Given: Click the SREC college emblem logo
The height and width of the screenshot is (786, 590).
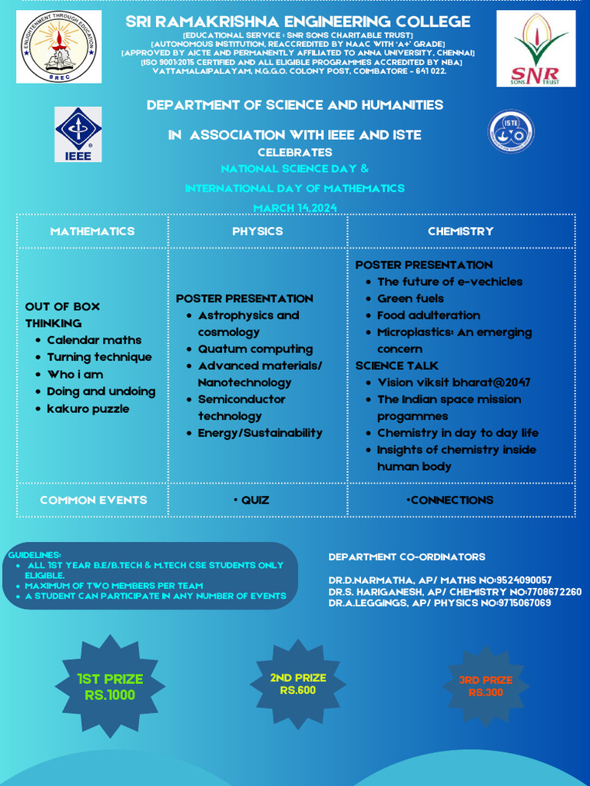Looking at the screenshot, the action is (x=59, y=47).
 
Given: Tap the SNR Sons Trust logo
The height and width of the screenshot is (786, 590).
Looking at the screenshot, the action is (x=535, y=48).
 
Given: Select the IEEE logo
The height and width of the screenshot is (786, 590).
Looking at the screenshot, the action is (x=78, y=134).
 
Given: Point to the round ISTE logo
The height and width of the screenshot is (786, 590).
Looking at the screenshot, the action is (x=511, y=131).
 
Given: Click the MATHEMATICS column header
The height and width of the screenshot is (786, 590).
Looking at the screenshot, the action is (x=92, y=231).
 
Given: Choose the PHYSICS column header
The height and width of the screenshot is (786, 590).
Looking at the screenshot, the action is (x=257, y=231).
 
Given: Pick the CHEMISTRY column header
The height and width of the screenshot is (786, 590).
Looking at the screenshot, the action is (x=461, y=231).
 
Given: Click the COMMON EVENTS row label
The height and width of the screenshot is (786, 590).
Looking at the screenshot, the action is (x=93, y=500).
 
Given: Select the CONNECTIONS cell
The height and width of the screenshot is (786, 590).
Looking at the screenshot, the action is (x=450, y=500).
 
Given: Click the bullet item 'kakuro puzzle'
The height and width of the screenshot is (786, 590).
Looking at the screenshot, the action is (x=88, y=408).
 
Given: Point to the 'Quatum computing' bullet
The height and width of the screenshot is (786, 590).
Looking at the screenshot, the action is (x=255, y=349).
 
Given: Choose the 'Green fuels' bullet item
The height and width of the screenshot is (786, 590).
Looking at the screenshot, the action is (x=410, y=299).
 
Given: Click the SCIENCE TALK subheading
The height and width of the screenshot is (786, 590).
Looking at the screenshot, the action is (x=396, y=366).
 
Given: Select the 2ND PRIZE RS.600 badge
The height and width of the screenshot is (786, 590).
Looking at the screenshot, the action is (x=298, y=684).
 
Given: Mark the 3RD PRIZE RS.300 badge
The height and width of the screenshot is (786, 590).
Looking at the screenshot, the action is (x=486, y=686).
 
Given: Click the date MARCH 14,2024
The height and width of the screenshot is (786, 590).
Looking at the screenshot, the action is (x=295, y=208).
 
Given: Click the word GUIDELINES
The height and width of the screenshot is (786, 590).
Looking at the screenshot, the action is (x=35, y=555).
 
